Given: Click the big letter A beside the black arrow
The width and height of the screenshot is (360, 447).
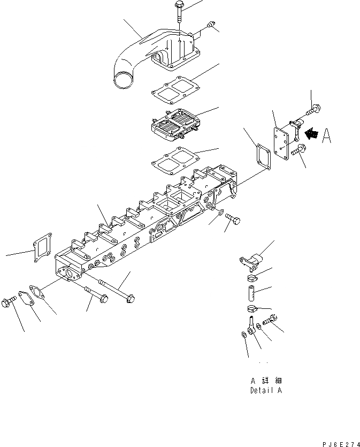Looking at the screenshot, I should (327, 137).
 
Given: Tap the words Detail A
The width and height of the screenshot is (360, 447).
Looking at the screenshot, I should (265, 390).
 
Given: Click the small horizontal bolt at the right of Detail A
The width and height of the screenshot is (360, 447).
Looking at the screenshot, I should (269, 321).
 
